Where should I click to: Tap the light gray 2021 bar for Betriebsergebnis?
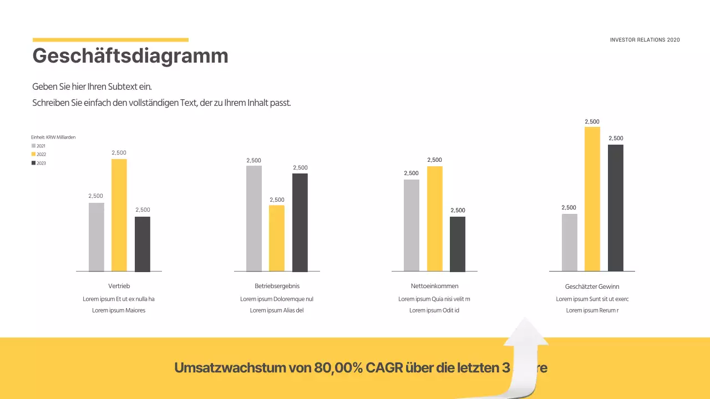(254, 218)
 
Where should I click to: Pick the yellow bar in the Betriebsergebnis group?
(277, 238)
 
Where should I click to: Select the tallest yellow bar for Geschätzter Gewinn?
(592, 199)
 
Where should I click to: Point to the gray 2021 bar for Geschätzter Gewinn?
(570, 242)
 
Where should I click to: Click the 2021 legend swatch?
(33, 146)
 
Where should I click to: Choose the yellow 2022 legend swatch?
(33, 154)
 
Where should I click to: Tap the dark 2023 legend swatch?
(33, 163)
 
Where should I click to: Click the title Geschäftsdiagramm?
(130, 56)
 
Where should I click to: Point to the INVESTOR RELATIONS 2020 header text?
(645, 40)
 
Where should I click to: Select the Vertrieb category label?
(119, 286)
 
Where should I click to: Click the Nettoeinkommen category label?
(434, 286)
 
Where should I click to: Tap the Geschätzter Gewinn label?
(592, 287)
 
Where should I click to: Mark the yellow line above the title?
(110, 40)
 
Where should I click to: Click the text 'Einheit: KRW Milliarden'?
(53, 137)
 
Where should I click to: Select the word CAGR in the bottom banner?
(384, 368)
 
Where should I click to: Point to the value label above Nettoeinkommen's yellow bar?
(435, 160)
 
